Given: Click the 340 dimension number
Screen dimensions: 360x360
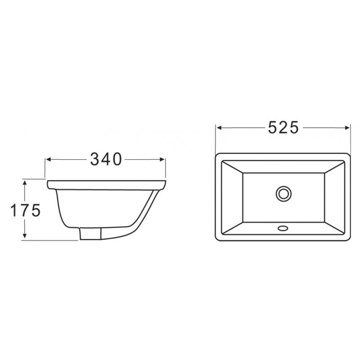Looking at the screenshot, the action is [106, 159].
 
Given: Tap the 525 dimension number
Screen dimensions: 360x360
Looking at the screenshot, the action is [283, 128].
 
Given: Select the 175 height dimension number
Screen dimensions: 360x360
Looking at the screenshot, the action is [26, 210].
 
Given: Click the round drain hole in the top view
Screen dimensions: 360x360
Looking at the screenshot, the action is [283, 194].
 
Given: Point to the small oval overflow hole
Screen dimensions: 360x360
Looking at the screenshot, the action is [283, 228].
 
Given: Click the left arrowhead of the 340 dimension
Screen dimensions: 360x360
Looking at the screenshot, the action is [48, 159].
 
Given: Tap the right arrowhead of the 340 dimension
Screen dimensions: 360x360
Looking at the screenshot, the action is [162, 159].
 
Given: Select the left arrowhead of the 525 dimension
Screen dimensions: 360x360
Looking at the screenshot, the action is [219, 128].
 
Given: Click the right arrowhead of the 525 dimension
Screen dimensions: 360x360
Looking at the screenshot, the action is [347, 128].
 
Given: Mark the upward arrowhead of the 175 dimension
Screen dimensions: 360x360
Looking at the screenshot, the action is [25, 183].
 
